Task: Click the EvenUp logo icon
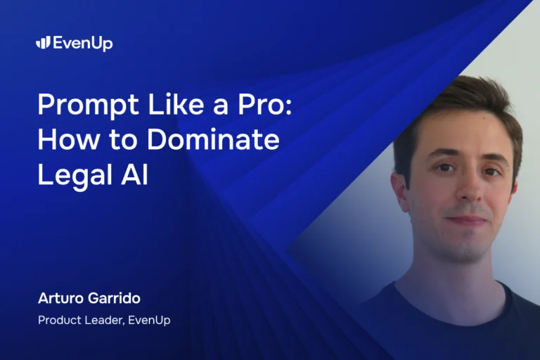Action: [x=43, y=43]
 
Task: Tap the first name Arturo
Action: [x=62, y=299]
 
